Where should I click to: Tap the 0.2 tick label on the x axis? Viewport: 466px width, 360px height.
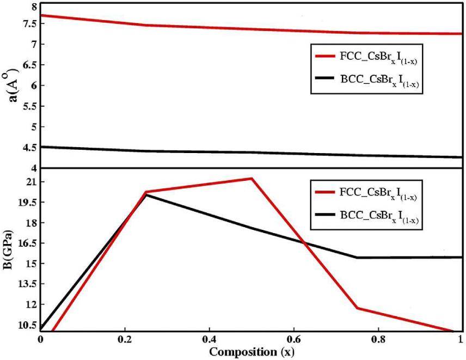pos(125,339)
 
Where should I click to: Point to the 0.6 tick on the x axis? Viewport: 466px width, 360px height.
pos(293,339)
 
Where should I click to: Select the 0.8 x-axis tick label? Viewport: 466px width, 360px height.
pos(378,339)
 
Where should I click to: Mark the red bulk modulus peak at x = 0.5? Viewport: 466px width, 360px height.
pos(252,178)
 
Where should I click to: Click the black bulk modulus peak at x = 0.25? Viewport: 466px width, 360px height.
pos(146,194)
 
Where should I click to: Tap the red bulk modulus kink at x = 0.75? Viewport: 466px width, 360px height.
pos(357,308)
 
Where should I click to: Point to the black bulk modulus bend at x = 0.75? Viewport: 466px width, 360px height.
pos(357,258)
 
